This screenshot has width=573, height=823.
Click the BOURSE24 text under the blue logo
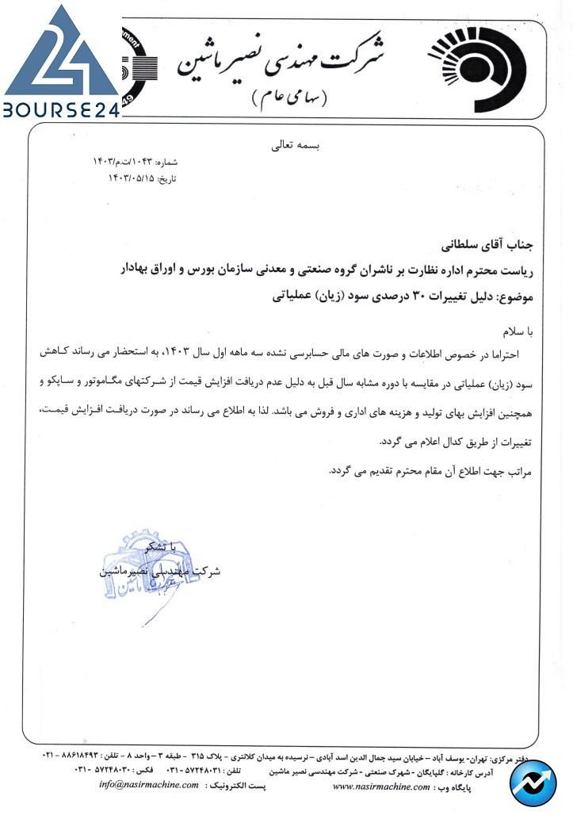[61, 109]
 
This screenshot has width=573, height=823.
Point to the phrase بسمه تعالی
[286, 146]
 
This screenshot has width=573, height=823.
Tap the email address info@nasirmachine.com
[150, 785]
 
